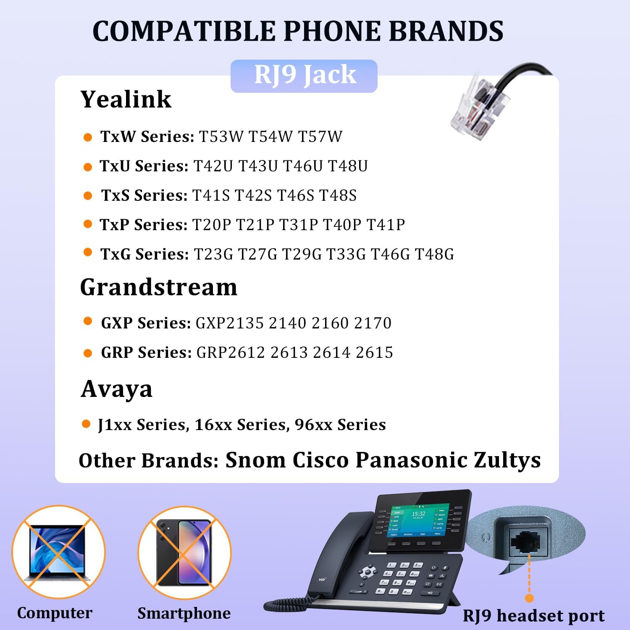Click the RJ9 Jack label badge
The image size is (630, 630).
point(304,76)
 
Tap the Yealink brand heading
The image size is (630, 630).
point(126,100)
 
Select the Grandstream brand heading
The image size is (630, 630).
point(159,288)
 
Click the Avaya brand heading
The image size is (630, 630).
point(116,389)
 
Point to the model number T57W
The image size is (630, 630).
point(320,136)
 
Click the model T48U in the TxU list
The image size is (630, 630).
point(348,166)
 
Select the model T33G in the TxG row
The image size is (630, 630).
point(346,254)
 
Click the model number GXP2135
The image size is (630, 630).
point(230,323)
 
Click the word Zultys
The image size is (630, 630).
point(507,460)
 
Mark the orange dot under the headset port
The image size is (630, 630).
point(529,598)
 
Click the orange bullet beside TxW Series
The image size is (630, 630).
point(88,137)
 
